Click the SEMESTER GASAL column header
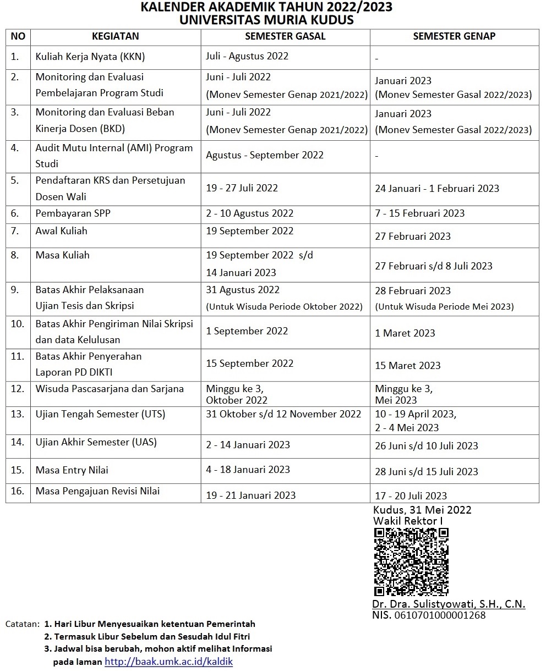pos(285,36)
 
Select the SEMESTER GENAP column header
pos(454,36)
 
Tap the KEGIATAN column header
pos(115,36)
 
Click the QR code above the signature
pos(411,561)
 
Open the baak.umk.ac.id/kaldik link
pos(168,662)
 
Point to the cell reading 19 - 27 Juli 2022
pos(242,188)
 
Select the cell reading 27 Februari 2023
pos(412,236)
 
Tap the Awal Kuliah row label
pos(61,231)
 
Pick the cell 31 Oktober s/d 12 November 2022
pos(283,414)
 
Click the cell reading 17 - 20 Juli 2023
pos(411,495)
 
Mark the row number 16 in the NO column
pos(18,491)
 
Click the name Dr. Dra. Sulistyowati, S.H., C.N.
pos(449,604)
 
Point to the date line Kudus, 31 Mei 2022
pos(422,510)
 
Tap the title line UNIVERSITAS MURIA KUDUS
pos(266,20)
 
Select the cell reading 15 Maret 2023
pos(408,366)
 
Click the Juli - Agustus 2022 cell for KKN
pos(247,56)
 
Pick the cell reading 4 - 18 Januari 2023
pos(248,470)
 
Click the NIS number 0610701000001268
pos(429,615)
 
